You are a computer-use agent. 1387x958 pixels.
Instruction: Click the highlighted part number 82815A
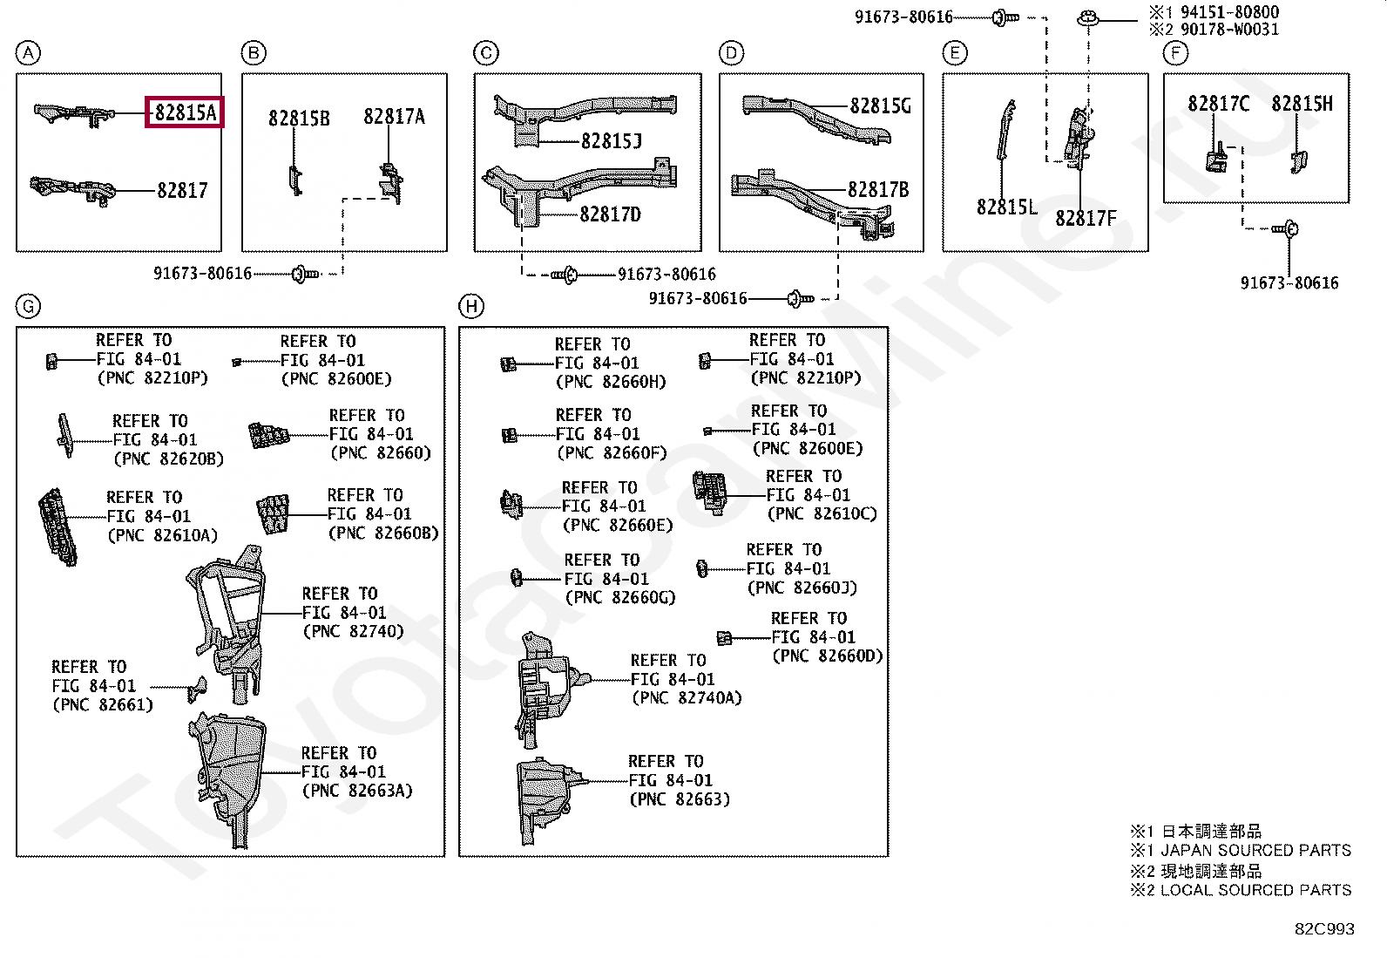coord(186,112)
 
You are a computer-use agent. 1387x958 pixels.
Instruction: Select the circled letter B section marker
coord(254,53)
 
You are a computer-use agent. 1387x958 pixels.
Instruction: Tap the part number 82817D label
coord(610,214)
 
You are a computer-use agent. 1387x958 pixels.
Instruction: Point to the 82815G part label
coord(880,106)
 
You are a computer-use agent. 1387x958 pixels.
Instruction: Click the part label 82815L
coord(1007,207)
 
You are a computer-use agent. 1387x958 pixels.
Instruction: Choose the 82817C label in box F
coord(1218,104)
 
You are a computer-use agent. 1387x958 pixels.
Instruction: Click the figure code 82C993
coord(1324,929)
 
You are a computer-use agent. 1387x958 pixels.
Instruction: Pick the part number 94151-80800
coord(1229,12)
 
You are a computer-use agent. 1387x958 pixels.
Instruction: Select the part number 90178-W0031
coord(1229,29)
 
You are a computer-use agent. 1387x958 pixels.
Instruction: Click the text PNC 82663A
coord(357,791)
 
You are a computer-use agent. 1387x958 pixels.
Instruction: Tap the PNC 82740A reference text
coord(687,698)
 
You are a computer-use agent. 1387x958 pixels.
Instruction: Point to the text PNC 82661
coord(103,705)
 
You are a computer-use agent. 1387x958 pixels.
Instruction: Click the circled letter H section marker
coord(471,306)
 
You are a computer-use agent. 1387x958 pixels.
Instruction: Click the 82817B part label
coord(878,190)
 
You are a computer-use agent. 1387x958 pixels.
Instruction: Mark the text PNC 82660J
coord(802,588)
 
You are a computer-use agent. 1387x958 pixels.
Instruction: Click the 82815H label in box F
coord(1302,104)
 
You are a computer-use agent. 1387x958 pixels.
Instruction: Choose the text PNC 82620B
coord(168,459)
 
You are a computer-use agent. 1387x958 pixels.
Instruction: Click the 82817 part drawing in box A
coord(73,190)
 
